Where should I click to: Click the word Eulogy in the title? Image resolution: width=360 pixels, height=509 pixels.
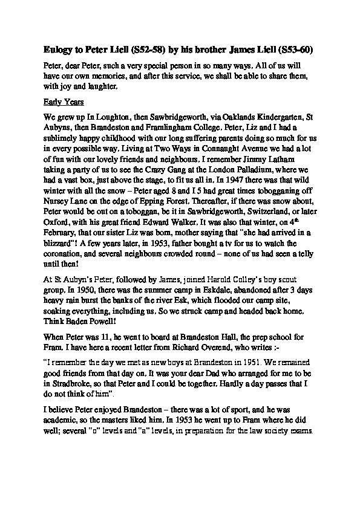click(x=59, y=48)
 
